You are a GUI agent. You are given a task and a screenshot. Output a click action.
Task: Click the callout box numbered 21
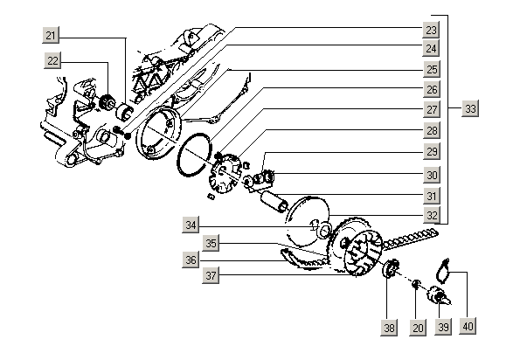pos(52,35)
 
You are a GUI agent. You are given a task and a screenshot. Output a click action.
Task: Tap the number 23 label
pos(432,29)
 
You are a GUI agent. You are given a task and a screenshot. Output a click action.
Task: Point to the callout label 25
pos(432,69)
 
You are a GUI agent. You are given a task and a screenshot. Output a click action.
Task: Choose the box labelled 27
pos(432,111)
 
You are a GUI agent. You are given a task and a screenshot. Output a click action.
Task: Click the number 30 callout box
pos(432,175)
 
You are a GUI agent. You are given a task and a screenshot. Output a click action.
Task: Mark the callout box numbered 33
pos(471,109)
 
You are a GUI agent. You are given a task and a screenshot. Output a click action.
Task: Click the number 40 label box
pos(468,327)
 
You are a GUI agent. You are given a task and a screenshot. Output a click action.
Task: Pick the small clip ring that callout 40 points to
pos(443,267)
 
